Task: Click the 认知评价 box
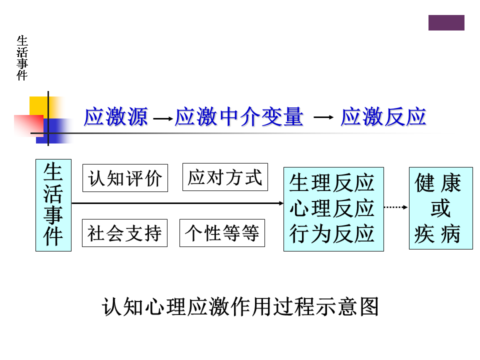coord(125,178)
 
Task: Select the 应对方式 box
coord(225,177)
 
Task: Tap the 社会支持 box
coord(124,233)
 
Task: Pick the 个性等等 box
coord(222,233)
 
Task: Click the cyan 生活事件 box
coord(53,205)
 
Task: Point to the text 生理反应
coord(332,183)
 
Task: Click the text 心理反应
coord(332,208)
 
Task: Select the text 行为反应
coord(332,233)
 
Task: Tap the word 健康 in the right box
coord(438,183)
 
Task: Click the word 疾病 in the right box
coord(438,233)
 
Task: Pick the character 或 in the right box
coord(440,208)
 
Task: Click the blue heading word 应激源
coord(116,117)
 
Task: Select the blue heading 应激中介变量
coord(239,117)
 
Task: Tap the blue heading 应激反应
coord(383,117)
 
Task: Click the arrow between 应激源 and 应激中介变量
coord(162,119)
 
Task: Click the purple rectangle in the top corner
coord(446,22)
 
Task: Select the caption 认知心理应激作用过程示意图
coord(240,306)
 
